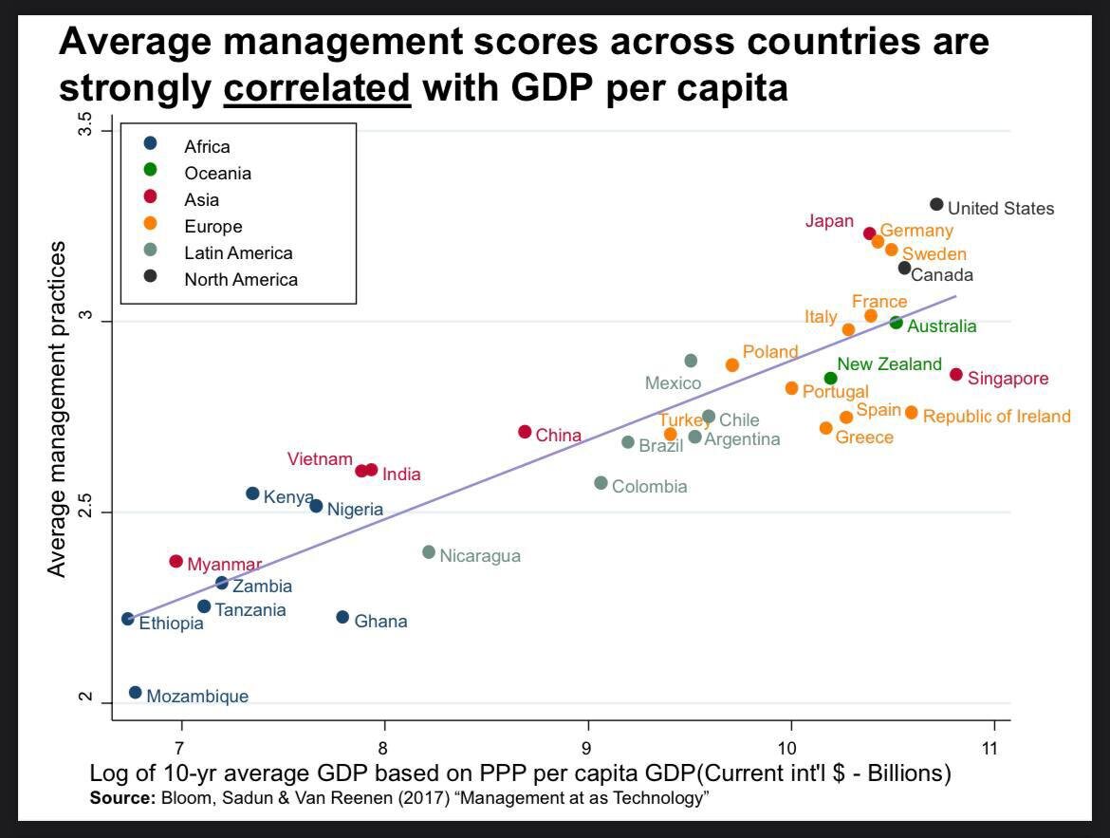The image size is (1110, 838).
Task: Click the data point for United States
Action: pyautogui.click(x=936, y=205)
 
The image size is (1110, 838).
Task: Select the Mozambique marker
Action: pyautogui.click(x=135, y=693)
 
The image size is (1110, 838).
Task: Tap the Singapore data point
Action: pyautogui.click(x=956, y=375)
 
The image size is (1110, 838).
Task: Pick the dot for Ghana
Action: pyautogui.click(x=342, y=617)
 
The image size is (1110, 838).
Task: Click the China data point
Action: pyautogui.click(x=525, y=432)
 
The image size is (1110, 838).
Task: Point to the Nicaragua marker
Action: pyautogui.click(x=429, y=552)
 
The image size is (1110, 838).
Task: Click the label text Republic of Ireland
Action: pyautogui.click(x=996, y=417)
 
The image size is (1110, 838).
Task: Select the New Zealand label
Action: pyautogui.click(x=889, y=364)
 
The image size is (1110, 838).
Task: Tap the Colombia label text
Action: pyautogui.click(x=649, y=487)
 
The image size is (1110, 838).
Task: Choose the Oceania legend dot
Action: pyautogui.click(x=150, y=171)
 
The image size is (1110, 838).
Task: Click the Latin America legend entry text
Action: pyautogui.click(x=238, y=253)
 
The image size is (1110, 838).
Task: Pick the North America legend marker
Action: pyautogui.click(x=150, y=277)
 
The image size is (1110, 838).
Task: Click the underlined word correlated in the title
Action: pyautogui.click(x=317, y=88)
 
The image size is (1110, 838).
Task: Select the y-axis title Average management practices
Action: pyautogui.click(x=58, y=409)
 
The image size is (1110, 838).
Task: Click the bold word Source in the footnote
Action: pyautogui.click(x=121, y=798)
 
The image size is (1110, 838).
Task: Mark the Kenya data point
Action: pyautogui.click(x=252, y=493)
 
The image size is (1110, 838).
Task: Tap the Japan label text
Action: pyautogui.click(x=829, y=221)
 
